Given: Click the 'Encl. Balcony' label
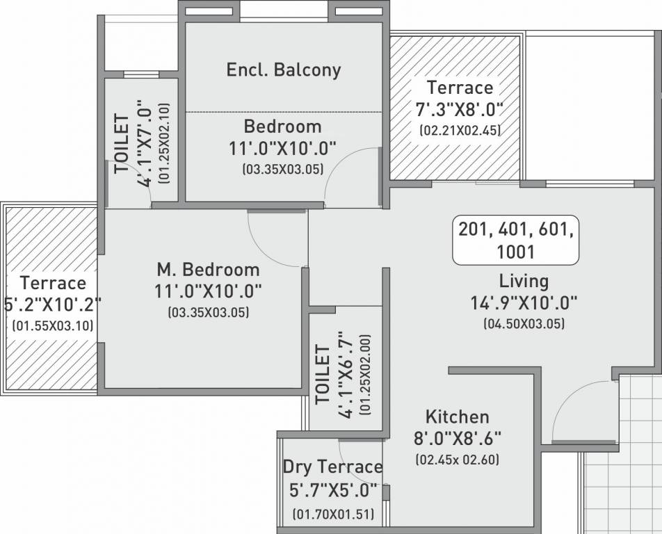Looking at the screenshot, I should coord(284,70).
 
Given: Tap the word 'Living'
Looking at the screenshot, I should coord(523,281).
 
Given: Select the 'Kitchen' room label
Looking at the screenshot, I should coord(457,416).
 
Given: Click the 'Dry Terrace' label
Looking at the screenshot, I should coord(332,467).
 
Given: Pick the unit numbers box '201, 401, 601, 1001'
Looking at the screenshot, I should coord(515,240).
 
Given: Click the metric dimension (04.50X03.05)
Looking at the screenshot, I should coord(523,323).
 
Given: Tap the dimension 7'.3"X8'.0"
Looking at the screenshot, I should coord(460,110).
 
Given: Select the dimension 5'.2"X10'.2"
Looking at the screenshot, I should coord(52,304).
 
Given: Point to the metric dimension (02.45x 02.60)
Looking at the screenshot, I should coord(457,460).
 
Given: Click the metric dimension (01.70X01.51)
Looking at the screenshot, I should coord(333,515).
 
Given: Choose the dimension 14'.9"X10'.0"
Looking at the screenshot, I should coord(523,302).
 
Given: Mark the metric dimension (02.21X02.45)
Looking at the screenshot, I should coord(460,130).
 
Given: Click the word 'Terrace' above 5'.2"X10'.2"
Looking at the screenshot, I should coord(53,283).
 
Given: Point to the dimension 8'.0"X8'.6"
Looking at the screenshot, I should coord(457,439).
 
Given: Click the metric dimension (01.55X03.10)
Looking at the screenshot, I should coord(52,325).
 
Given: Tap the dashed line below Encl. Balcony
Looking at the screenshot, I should coord(284,111).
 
